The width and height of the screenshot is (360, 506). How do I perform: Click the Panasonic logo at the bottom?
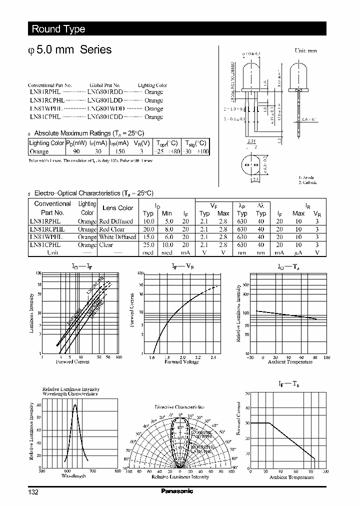click(x=177, y=491)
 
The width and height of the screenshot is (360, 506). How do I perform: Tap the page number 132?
click(x=33, y=492)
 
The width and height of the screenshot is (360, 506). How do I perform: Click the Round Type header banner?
click(x=58, y=29)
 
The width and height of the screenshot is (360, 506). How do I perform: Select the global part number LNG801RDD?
click(x=104, y=92)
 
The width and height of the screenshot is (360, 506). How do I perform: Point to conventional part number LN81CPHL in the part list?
click(x=44, y=116)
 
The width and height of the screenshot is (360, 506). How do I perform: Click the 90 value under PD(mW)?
click(x=76, y=151)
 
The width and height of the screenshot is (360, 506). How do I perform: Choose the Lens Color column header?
click(x=117, y=208)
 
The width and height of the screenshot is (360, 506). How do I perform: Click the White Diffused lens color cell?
click(x=117, y=237)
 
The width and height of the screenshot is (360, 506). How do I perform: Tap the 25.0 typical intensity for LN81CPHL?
click(x=148, y=245)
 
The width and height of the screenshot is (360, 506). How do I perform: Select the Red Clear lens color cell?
click(x=112, y=229)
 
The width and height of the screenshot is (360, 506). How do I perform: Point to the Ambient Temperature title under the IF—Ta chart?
click(x=291, y=477)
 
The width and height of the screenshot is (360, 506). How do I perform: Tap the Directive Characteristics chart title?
click(x=179, y=407)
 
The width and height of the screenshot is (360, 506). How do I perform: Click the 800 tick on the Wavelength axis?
click(x=117, y=471)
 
